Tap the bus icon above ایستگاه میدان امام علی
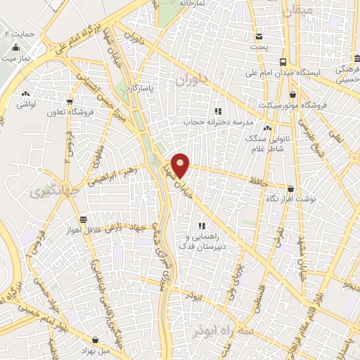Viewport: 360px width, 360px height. [282, 62]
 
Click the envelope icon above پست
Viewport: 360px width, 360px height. [259, 37]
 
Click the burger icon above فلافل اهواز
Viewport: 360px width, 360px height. [84, 219]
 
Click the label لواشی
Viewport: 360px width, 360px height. [26, 103]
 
